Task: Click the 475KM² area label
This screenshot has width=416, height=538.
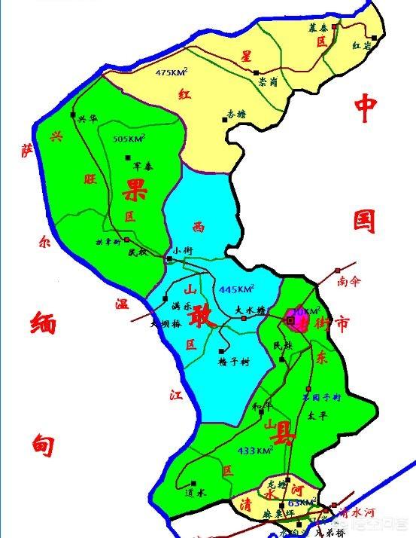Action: [172, 72]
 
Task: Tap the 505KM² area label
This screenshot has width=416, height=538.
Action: [129, 139]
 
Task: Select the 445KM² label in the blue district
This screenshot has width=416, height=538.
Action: [236, 289]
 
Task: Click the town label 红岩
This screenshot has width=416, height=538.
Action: [363, 45]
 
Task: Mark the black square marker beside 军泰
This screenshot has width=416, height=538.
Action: [126, 157]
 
